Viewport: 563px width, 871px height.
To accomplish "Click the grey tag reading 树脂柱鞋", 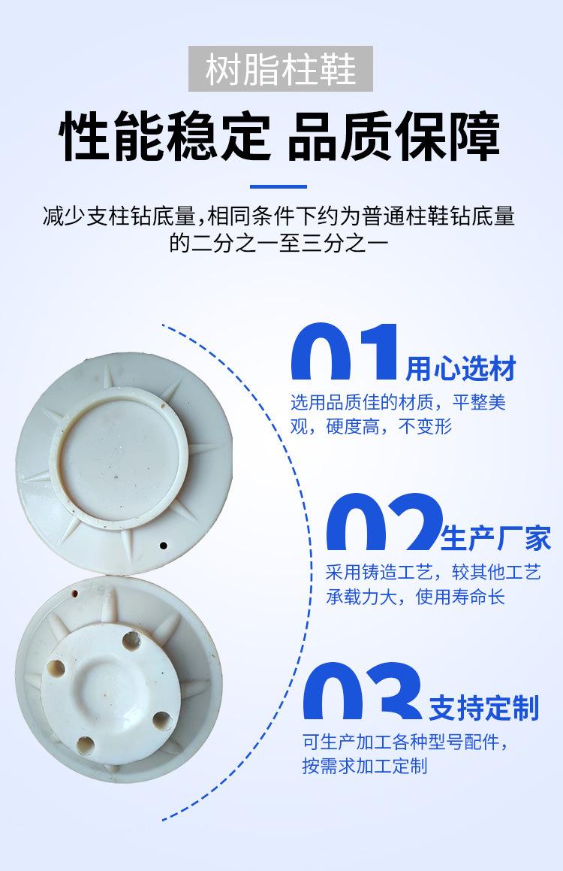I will coord(281,69).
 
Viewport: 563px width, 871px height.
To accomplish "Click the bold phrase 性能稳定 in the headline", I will coord(165,137).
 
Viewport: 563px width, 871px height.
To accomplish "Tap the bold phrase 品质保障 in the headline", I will coord(393,137).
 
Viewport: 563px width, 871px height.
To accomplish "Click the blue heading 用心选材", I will coord(461,370).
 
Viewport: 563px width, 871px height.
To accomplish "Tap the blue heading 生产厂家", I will coord(496,538).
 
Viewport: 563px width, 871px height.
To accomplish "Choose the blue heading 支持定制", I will coord(484,707).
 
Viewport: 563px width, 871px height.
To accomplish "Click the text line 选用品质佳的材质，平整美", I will coord(398,402).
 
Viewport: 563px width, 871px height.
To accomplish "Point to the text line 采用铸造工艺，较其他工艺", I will coord(433,572).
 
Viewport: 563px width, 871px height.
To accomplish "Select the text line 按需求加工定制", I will coord(365,766).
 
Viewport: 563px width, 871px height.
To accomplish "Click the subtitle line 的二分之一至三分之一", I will coord(278,243).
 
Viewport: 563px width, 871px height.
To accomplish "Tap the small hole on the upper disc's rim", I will coord(163,543).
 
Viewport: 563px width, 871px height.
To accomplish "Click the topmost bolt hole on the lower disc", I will coord(132,640).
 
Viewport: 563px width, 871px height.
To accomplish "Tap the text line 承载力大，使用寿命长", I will coord(415,597).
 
